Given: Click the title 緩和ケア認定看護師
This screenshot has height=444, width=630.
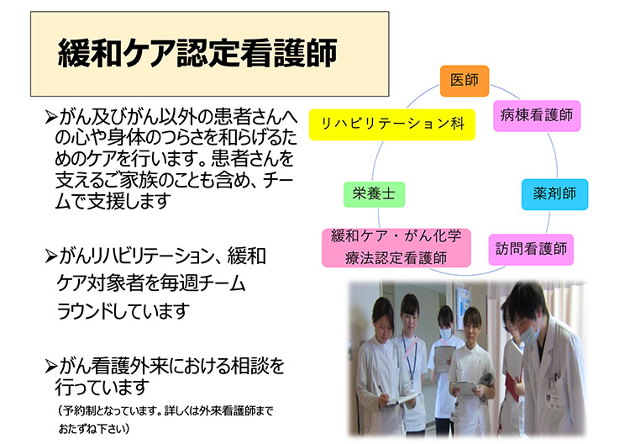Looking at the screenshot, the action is (197, 53).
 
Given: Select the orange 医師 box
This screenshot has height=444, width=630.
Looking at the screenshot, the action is (465, 81).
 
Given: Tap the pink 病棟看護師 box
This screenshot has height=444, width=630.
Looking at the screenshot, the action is (537, 116).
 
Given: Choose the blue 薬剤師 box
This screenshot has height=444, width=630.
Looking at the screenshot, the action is (554, 194).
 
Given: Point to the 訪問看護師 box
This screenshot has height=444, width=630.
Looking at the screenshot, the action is (531, 250).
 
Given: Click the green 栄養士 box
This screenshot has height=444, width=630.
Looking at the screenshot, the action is (374, 194).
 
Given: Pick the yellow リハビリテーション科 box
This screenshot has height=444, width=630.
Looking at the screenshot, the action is (392, 124).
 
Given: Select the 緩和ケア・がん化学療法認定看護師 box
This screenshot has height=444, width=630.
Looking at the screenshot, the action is (396, 248).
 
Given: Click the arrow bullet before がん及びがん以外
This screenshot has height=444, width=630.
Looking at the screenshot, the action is (50, 117).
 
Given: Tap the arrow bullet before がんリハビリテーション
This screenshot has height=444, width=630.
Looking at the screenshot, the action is (50, 256).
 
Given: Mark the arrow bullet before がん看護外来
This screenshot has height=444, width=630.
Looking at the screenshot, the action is (50, 366).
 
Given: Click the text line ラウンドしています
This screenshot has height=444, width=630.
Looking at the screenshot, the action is (123, 311).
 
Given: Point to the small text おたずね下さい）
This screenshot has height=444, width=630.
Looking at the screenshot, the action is (94, 429).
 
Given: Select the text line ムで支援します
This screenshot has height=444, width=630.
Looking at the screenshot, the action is (113, 201).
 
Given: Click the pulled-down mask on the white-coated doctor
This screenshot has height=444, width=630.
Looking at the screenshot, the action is (531, 334).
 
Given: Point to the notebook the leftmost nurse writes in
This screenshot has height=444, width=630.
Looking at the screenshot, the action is (402, 399).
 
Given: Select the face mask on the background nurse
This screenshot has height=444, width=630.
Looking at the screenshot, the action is (445, 334).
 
